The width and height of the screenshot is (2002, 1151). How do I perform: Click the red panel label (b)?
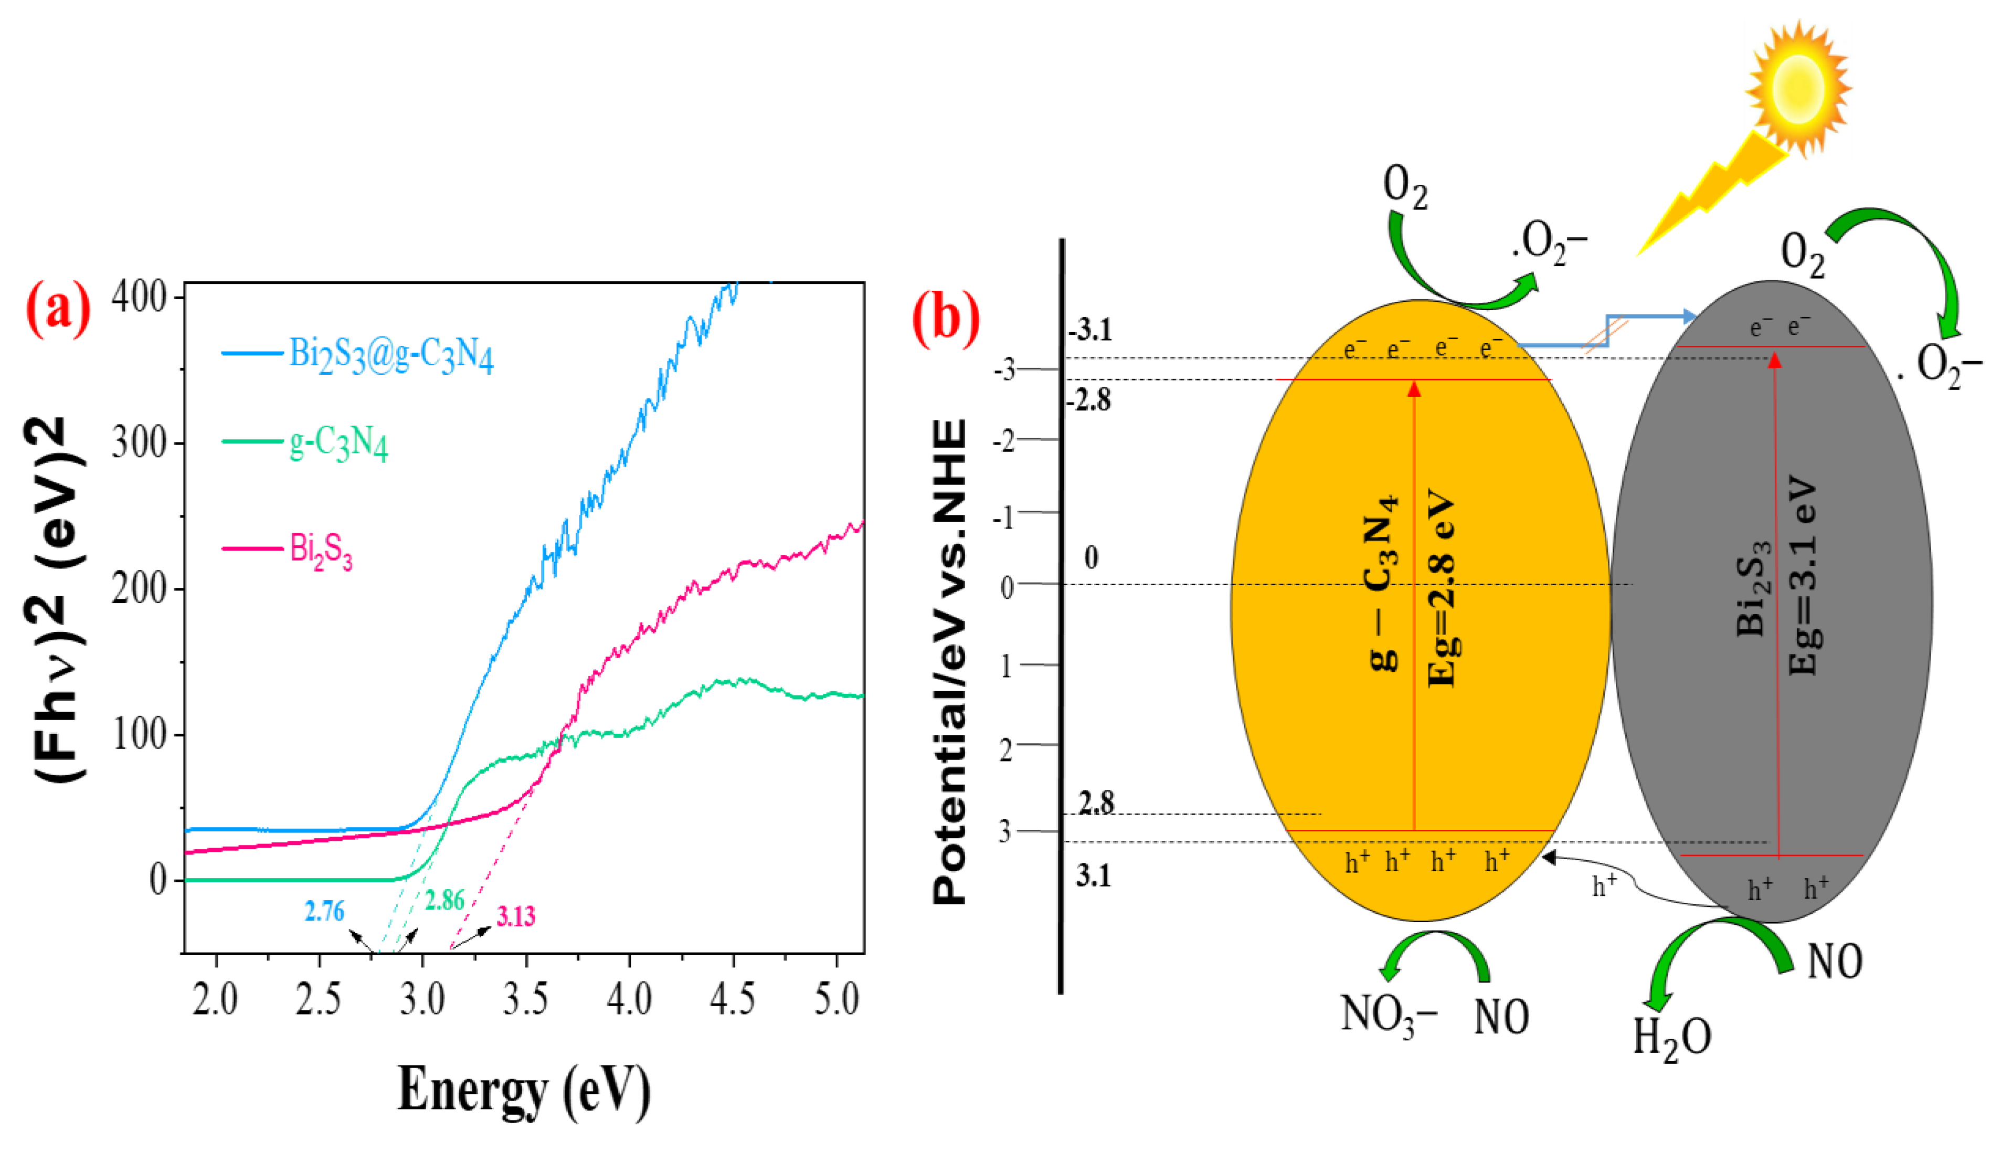click(946, 319)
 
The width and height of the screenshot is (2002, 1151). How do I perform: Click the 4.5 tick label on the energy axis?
click(732, 999)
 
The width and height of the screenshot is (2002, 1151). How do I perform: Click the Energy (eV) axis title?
click(523, 1090)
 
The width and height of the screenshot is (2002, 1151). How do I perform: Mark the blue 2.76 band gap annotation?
click(324, 912)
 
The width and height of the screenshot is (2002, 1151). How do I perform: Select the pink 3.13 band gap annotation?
click(515, 916)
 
